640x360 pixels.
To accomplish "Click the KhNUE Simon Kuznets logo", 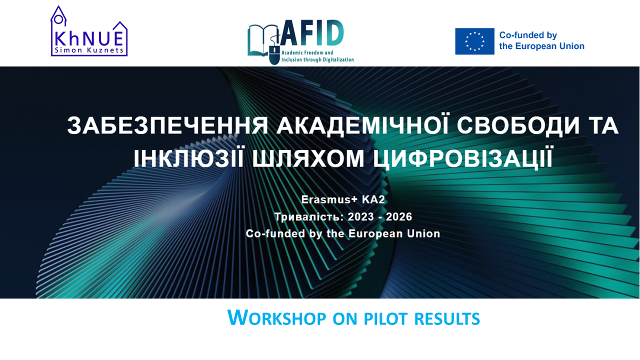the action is pyautogui.click(x=89, y=31).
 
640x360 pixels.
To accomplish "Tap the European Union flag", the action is pyautogui.click(x=474, y=41).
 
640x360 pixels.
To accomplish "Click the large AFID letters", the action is pyautogui.click(x=311, y=32).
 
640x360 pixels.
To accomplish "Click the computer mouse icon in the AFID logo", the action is pyautogui.click(x=274, y=55).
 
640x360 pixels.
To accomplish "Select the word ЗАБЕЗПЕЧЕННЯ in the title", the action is pyautogui.click(x=167, y=125).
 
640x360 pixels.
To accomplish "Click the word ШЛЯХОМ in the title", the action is pyautogui.click(x=308, y=158).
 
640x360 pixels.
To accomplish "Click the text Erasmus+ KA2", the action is pyautogui.click(x=343, y=199).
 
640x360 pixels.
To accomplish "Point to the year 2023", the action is pyautogui.click(x=361, y=217).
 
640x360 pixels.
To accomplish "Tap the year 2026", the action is pyautogui.click(x=399, y=217).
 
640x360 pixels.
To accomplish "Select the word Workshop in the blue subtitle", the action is pyautogui.click(x=276, y=317).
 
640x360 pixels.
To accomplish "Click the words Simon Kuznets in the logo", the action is pyautogui.click(x=89, y=50).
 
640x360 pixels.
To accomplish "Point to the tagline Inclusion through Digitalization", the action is pyautogui.click(x=317, y=59).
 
